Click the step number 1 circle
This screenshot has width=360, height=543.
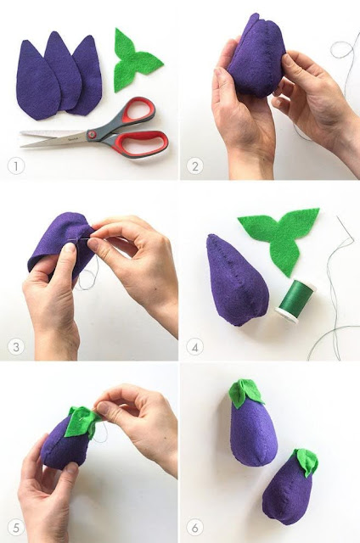tap(16, 166)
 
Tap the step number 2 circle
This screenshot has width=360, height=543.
tap(195, 166)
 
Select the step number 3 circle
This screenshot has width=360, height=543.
tap(16, 347)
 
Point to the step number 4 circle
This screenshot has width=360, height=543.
tap(195, 347)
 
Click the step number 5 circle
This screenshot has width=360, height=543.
tap(16, 528)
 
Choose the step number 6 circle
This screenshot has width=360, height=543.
tap(195, 528)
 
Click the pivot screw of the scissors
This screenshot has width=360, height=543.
tap(93, 134)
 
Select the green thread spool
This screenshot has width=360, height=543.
tap(295, 301)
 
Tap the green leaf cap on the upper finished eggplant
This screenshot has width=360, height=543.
tap(245, 393)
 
